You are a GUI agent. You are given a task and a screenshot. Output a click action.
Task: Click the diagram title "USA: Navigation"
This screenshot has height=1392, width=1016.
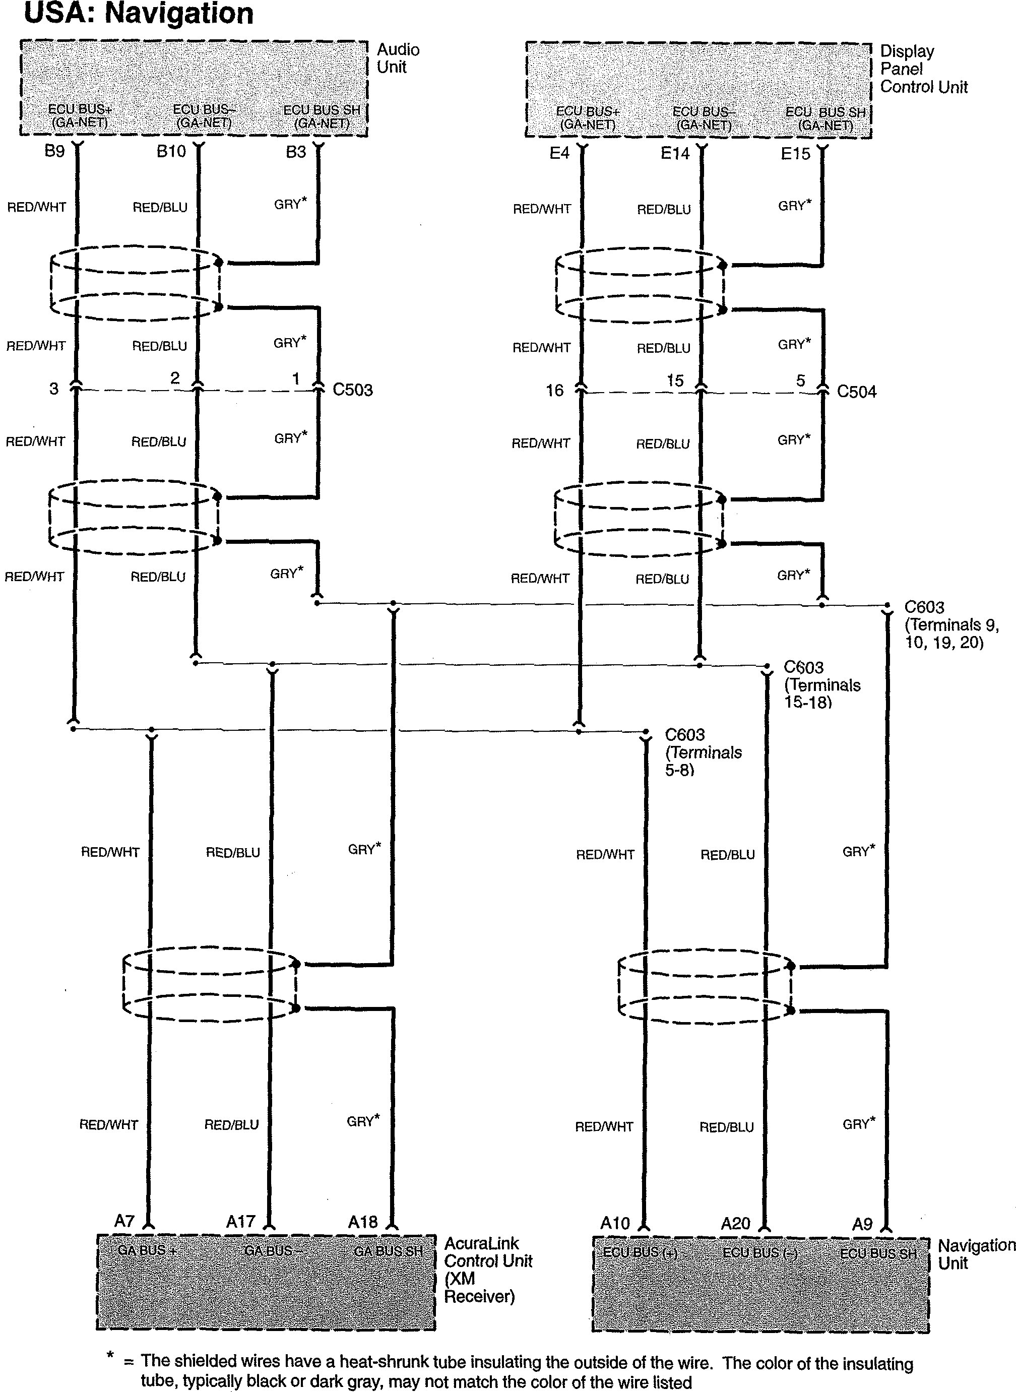(139, 14)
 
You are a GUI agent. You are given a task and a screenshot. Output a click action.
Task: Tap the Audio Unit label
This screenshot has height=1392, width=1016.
(398, 58)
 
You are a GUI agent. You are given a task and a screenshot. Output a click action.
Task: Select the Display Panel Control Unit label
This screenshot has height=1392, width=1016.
(923, 69)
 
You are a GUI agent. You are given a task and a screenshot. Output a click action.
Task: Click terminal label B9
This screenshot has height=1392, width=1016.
(55, 151)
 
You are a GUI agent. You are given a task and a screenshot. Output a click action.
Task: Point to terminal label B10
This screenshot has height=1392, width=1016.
(171, 151)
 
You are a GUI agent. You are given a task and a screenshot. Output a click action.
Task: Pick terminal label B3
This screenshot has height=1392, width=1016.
(296, 152)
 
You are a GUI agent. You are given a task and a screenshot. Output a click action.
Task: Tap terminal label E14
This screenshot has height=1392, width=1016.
(675, 154)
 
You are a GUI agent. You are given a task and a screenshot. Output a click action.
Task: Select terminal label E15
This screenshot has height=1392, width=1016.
(795, 154)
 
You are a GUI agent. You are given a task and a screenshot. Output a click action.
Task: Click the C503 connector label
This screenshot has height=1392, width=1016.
(352, 390)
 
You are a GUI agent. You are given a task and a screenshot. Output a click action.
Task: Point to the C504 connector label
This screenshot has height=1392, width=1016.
(857, 392)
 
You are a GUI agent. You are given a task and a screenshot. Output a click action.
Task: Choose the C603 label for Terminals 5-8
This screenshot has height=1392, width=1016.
(703, 751)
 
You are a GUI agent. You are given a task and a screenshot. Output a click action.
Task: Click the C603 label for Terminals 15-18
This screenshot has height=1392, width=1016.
(821, 684)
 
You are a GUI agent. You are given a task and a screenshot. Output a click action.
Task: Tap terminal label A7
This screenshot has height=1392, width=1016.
(124, 1221)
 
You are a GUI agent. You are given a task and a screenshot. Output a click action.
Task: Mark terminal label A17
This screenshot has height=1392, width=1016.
(240, 1222)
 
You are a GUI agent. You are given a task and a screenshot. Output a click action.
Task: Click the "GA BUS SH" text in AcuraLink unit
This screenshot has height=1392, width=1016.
(388, 1250)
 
